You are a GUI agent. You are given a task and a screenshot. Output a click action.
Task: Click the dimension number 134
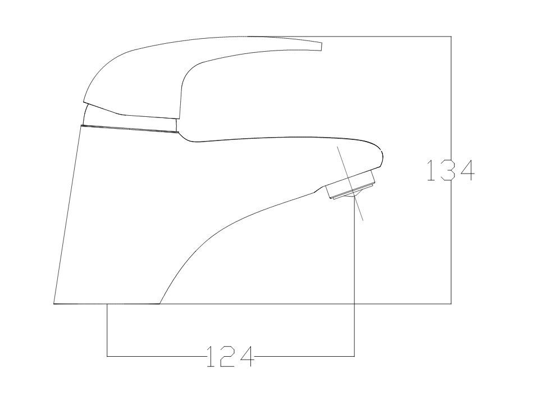point(450,170)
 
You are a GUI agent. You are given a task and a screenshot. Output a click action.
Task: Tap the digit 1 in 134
point(431,170)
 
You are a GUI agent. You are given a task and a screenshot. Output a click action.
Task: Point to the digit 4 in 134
point(467,170)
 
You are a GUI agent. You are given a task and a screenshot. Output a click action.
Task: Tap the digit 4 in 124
point(247,357)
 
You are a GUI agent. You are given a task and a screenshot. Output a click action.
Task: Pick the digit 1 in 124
point(211,357)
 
